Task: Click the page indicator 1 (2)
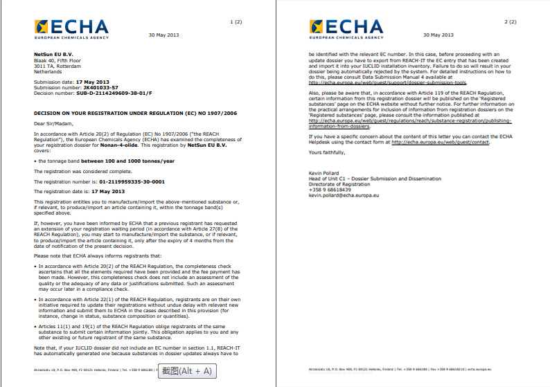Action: point(236,22)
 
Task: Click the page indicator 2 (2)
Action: point(511,22)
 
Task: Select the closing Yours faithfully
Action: point(325,151)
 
